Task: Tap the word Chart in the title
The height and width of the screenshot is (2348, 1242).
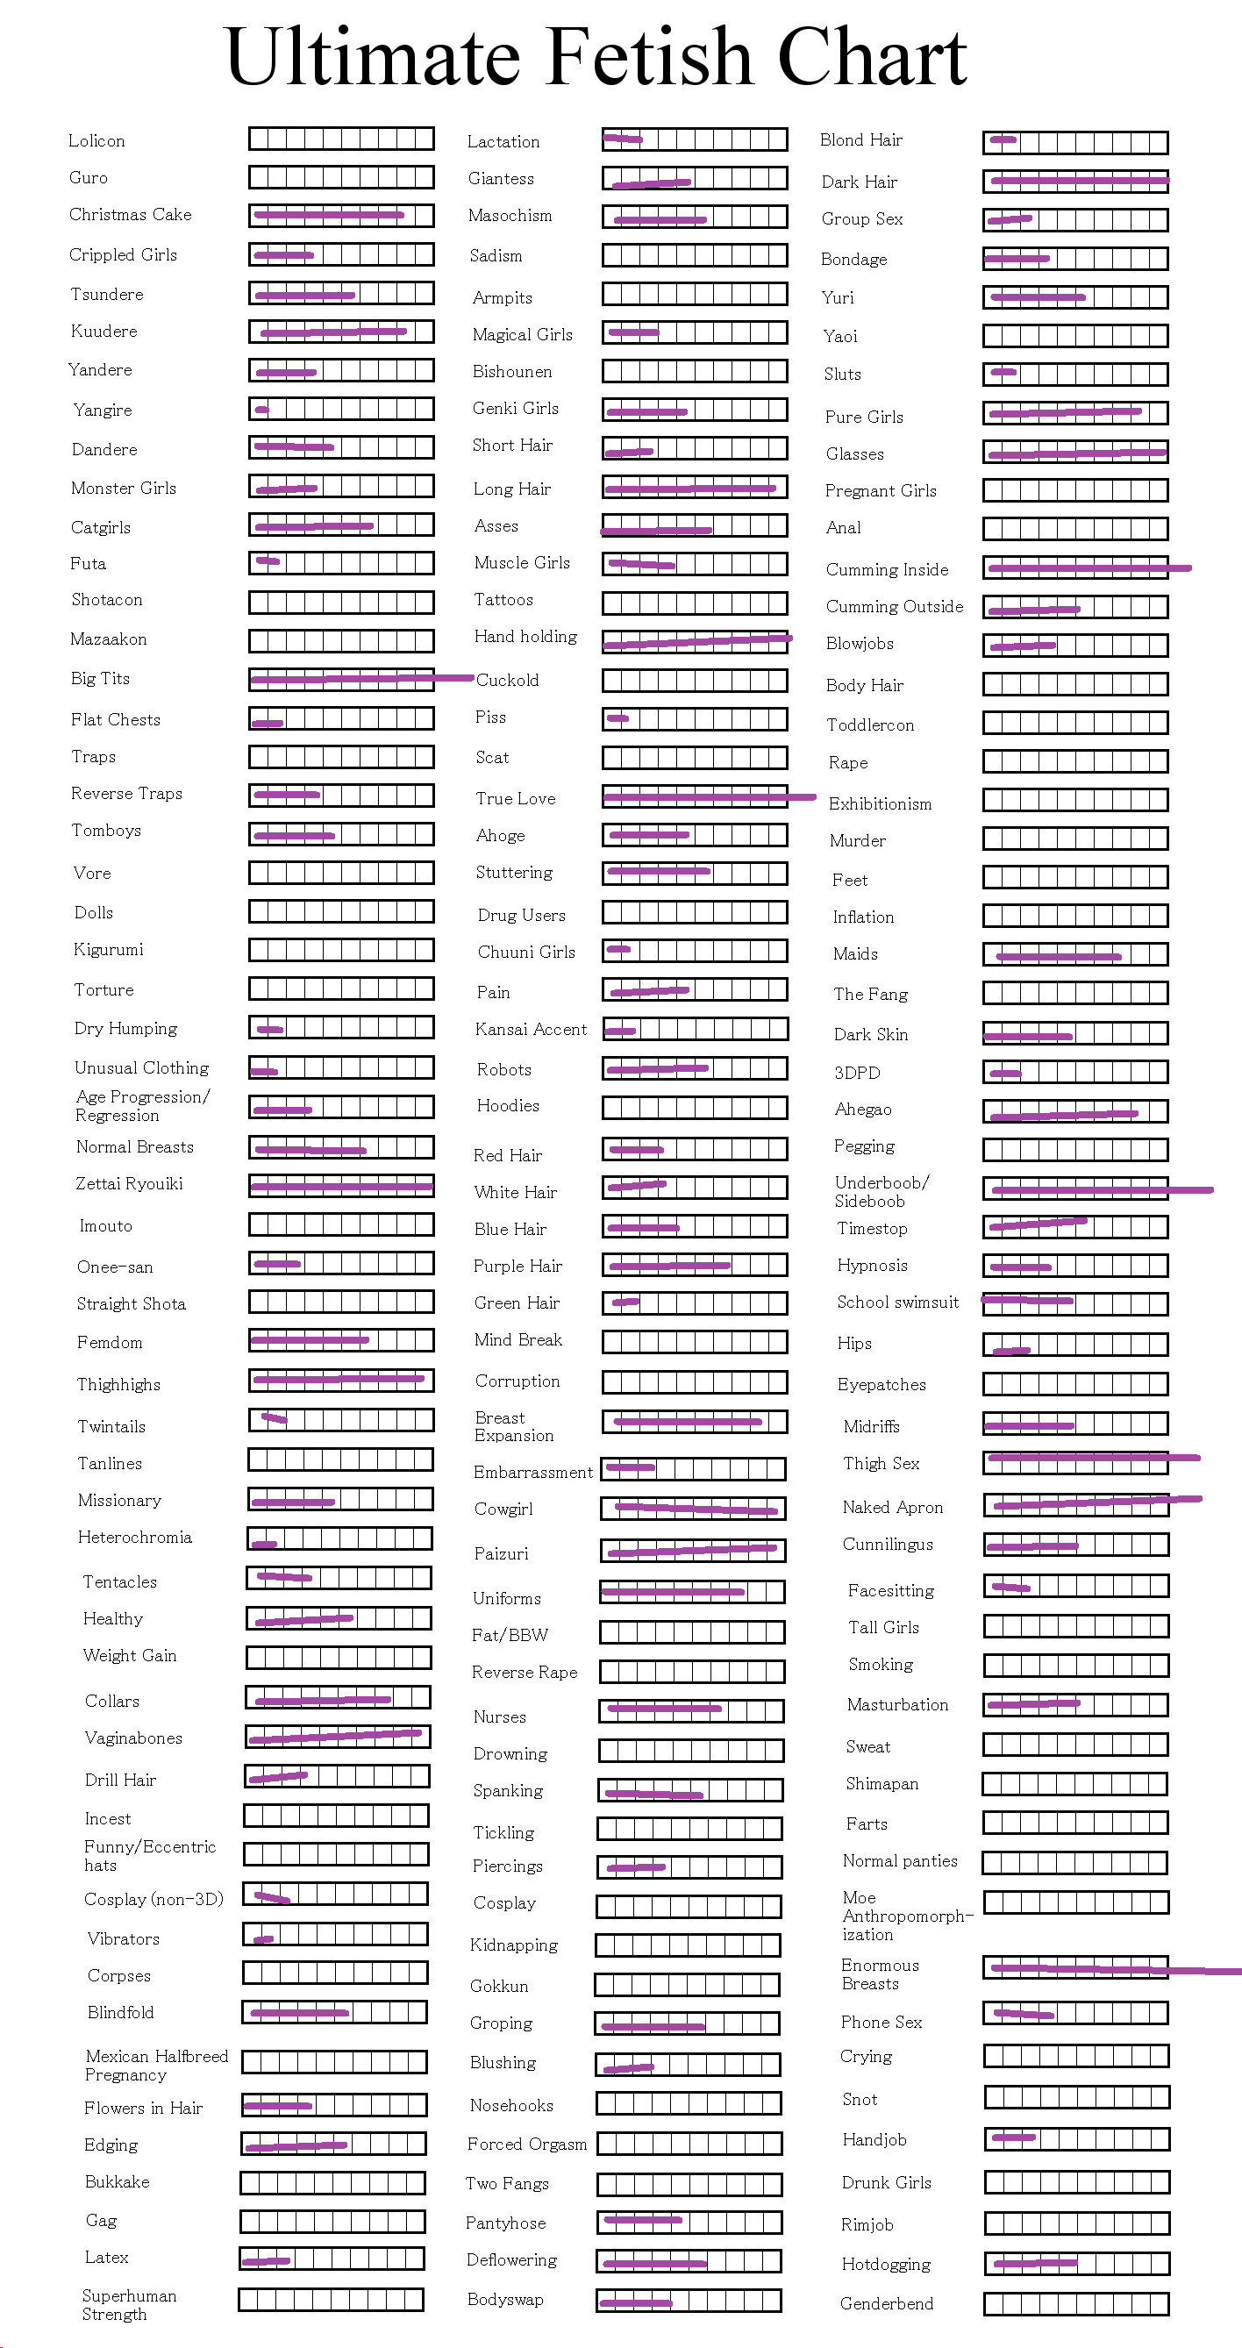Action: (x=872, y=57)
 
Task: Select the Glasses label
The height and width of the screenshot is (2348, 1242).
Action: (x=854, y=454)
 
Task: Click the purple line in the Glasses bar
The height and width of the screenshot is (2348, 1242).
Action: (x=1078, y=453)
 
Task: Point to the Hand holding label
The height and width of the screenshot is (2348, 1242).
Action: (x=525, y=636)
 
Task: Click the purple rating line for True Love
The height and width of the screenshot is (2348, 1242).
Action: (x=710, y=797)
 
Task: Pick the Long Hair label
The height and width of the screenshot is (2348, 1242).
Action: (x=512, y=489)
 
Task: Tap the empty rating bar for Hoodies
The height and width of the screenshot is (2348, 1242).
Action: (x=695, y=1108)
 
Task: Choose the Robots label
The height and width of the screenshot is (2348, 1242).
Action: (x=504, y=1069)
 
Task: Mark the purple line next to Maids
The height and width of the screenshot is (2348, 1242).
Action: (x=1059, y=956)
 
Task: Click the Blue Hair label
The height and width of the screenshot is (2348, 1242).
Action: (x=510, y=1229)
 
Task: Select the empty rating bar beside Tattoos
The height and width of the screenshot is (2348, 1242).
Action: (x=695, y=603)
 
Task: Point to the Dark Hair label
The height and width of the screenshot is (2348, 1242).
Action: (x=860, y=182)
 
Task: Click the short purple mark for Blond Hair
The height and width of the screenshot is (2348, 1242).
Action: (x=1003, y=139)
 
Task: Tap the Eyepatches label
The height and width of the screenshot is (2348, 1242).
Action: (x=882, y=1385)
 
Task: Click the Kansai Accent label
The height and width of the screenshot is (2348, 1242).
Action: (x=532, y=1029)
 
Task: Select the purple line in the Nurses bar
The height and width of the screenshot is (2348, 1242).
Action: (x=664, y=1707)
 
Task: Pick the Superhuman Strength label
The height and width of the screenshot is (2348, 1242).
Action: (x=130, y=2304)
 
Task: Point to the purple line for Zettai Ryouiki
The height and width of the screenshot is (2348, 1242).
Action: (x=342, y=1186)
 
